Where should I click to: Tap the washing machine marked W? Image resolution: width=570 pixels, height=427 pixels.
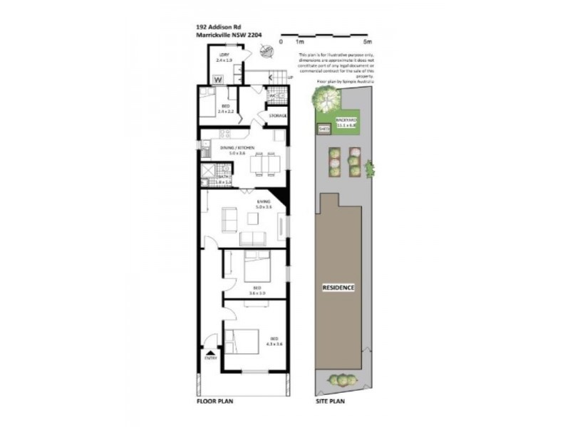(219, 79)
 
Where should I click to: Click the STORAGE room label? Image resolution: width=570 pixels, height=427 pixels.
(277, 115)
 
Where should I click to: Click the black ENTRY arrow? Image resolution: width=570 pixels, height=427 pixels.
(210, 352)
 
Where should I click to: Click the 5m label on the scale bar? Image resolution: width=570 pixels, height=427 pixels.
(368, 42)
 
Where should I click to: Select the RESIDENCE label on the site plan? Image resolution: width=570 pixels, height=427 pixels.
(338, 288)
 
